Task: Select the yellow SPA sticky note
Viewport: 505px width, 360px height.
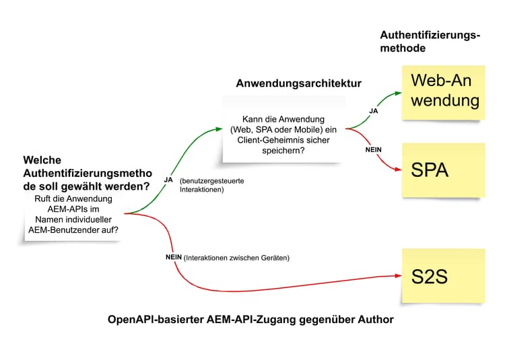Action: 443,170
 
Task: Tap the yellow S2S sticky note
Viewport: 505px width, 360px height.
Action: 443,275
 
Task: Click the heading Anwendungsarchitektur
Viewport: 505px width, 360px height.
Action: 298,83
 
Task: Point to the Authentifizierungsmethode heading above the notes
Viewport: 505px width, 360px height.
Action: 430,42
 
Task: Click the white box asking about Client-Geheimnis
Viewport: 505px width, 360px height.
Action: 283,130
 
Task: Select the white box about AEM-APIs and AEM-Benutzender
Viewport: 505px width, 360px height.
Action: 74,215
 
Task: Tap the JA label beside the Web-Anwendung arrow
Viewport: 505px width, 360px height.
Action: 374,111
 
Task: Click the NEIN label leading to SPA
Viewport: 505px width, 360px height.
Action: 374,149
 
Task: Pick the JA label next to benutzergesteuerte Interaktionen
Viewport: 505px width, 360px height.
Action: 168,180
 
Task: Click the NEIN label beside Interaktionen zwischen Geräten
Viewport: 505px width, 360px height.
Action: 174,257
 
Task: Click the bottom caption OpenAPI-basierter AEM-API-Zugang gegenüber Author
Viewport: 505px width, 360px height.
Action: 250,320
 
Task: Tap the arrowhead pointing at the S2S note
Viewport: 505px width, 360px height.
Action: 397,275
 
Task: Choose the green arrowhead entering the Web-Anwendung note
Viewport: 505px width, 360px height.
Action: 397,93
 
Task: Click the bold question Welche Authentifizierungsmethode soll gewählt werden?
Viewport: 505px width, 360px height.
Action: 86,173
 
